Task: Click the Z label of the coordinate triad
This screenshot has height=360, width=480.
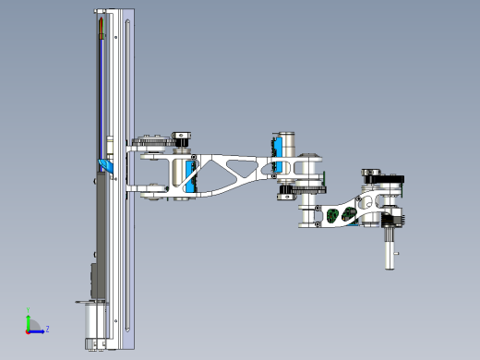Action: tap(47, 329)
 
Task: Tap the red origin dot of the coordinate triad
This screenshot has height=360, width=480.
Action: tap(29, 329)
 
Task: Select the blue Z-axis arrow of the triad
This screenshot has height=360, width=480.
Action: tap(37, 329)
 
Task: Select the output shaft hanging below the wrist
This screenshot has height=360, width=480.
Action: tap(390, 248)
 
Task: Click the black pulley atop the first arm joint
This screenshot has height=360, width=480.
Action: tap(182, 138)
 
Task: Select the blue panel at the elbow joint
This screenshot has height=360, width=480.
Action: tap(273, 148)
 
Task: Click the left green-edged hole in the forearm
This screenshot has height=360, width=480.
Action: tap(333, 216)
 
